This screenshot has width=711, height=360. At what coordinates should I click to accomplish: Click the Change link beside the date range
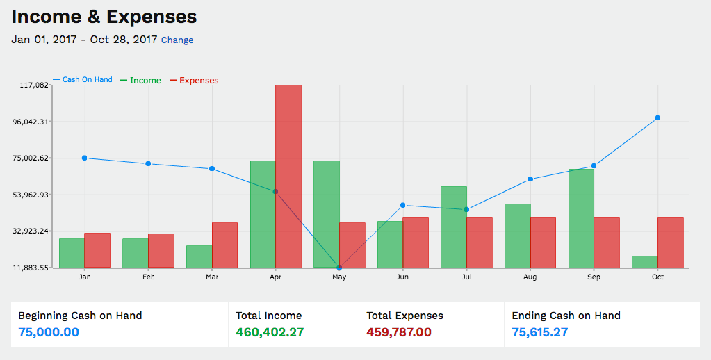(x=177, y=40)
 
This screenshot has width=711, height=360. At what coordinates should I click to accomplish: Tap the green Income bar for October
(x=645, y=262)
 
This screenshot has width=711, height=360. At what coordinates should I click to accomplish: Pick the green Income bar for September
(x=581, y=218)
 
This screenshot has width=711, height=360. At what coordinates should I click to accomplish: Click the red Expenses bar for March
(x=224, y=245)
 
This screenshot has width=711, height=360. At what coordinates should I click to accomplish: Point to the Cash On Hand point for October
(x=657, y=118)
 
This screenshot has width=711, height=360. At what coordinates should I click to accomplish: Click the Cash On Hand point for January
(x=85, y=158)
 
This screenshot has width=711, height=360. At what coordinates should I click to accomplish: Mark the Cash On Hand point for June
(x=403, y=205)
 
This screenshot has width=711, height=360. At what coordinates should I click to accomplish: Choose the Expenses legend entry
(x=198, y=81)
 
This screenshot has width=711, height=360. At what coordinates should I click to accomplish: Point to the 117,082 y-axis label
(x=33, y=85)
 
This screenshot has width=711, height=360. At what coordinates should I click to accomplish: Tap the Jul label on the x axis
(x=466, y=277)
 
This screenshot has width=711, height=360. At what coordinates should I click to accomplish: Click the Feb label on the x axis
(x=148, y=277)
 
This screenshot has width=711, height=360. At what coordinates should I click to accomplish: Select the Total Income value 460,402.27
(x=270, y=332)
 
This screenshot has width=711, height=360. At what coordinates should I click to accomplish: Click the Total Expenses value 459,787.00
(x=399, y=332)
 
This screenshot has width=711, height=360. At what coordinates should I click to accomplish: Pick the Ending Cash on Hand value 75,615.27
(x=540, y=332)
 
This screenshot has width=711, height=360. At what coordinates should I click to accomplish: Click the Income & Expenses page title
(x=104, y=17)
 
